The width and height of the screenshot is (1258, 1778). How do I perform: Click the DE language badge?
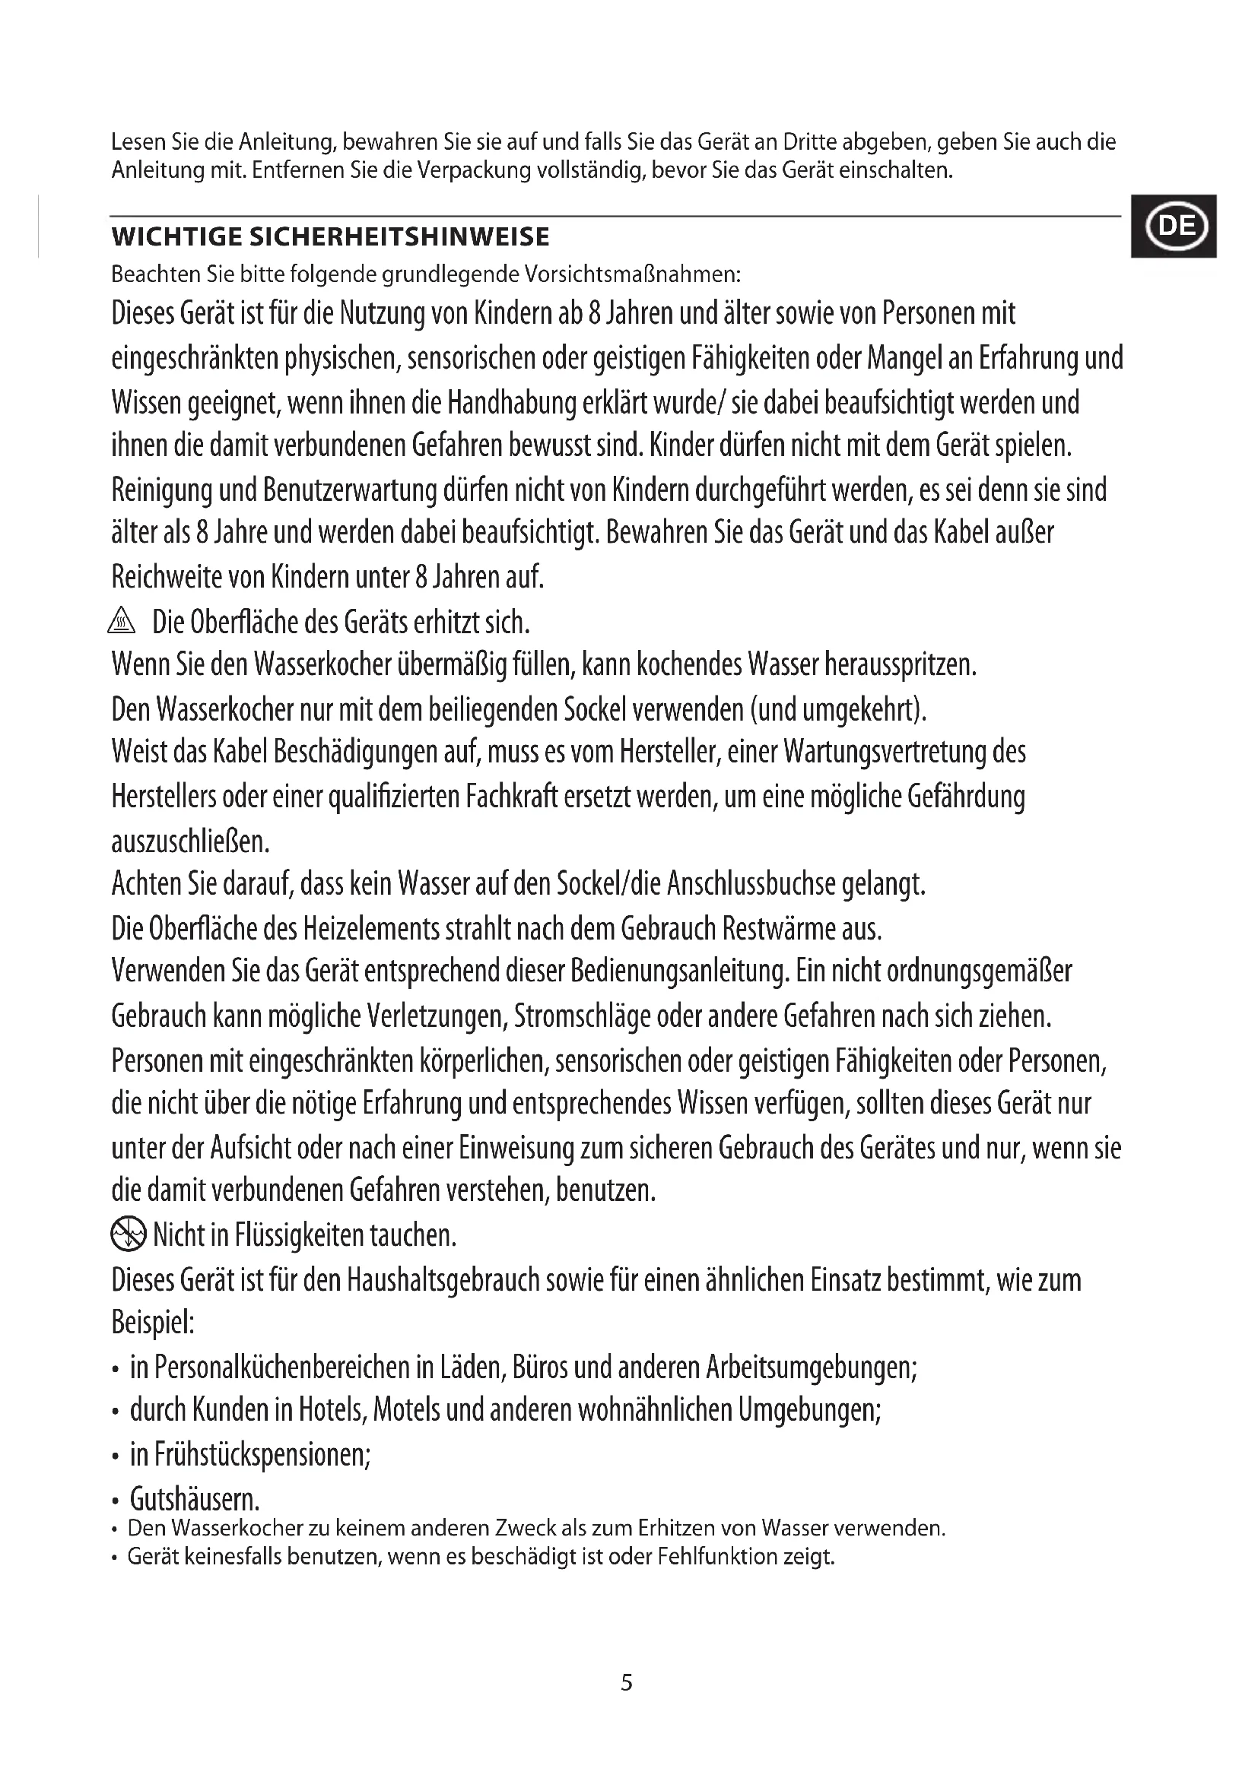pos(1174,227)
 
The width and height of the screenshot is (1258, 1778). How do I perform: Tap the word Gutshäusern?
pos(194,1500)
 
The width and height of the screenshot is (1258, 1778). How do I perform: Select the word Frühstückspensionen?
pos(262,1455)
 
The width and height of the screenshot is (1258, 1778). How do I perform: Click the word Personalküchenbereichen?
pos(281,1368)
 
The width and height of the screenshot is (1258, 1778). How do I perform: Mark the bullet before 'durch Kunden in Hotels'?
pos(116,1413)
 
